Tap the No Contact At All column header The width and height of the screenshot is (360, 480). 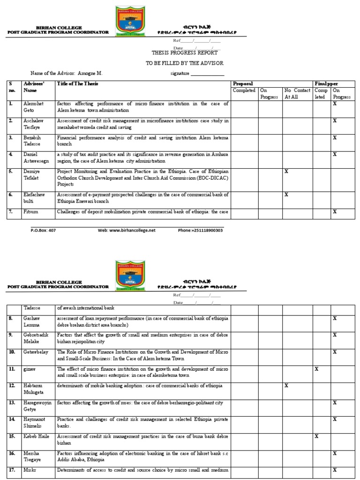click(297, 93)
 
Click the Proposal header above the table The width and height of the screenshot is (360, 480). click(243, 84)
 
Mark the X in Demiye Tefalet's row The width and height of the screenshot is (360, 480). click(286, 172)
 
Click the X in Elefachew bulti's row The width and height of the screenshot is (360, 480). click(286, 194)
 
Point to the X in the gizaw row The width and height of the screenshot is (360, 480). click(316, 369)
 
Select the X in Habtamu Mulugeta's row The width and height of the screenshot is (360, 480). click(286, 386)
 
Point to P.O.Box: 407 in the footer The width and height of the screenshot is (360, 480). click(43, 230)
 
